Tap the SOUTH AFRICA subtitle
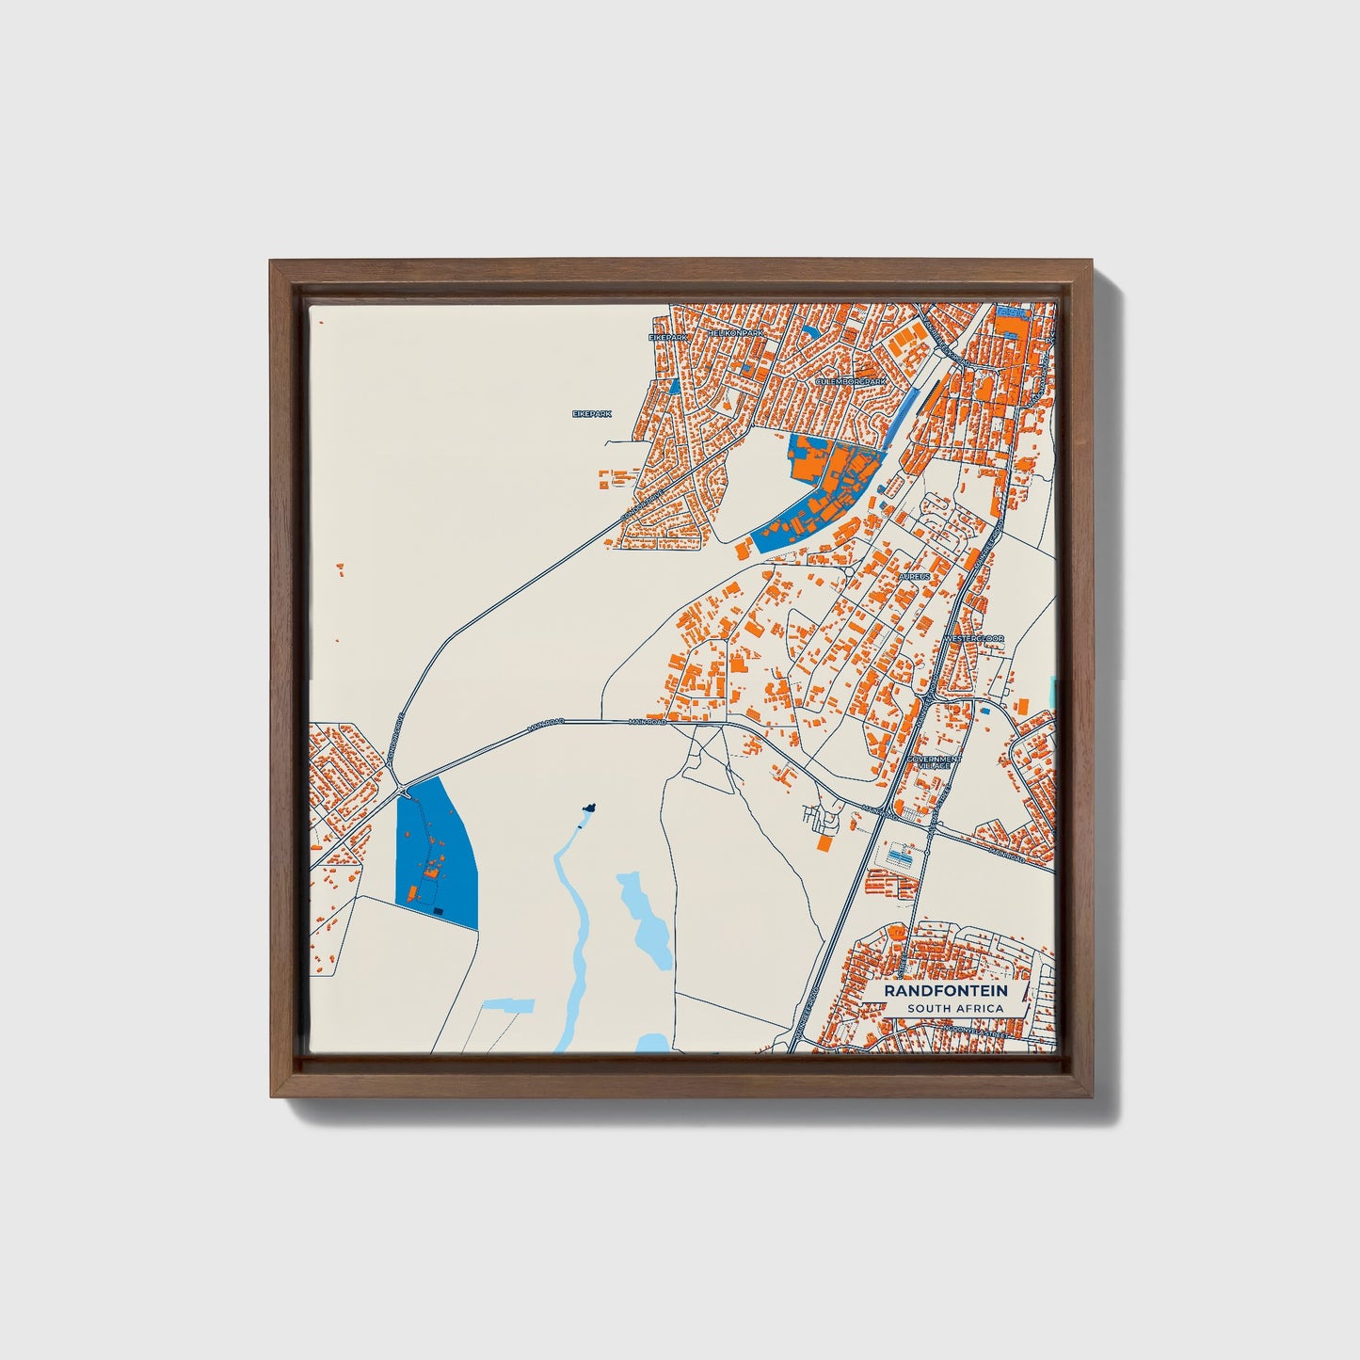(955, 1009)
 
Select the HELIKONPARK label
(738, 333)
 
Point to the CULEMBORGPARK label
(851, 381)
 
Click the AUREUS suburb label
(914, 575)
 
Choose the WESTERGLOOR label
(973, 639)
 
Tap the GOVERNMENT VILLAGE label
(934, 761)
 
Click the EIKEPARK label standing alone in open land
(592, 413)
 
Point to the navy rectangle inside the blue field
(438, 910)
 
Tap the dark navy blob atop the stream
(589, 808)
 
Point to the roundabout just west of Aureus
(849, 571)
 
